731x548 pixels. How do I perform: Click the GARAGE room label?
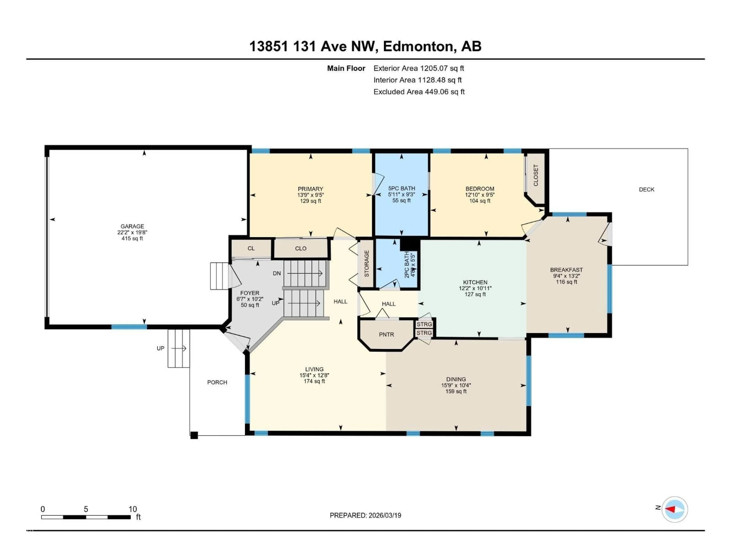132,226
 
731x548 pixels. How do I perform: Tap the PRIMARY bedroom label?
310,189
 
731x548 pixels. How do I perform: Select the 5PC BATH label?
401,188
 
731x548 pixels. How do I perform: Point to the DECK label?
646,190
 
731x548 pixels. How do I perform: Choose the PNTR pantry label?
386,335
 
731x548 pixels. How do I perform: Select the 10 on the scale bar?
132,509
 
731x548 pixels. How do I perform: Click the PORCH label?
217,382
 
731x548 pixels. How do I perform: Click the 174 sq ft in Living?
314,381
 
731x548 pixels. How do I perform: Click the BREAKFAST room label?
566,270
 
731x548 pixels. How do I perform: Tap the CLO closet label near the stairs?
301,248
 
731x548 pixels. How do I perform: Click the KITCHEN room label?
475,282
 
